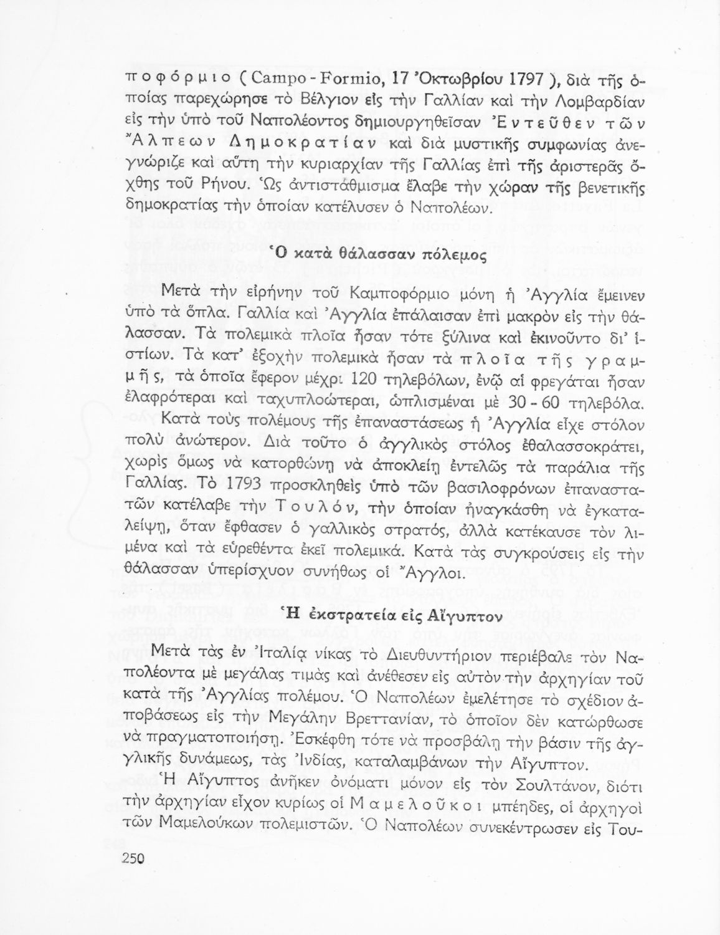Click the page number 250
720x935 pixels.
click(132, 858)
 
